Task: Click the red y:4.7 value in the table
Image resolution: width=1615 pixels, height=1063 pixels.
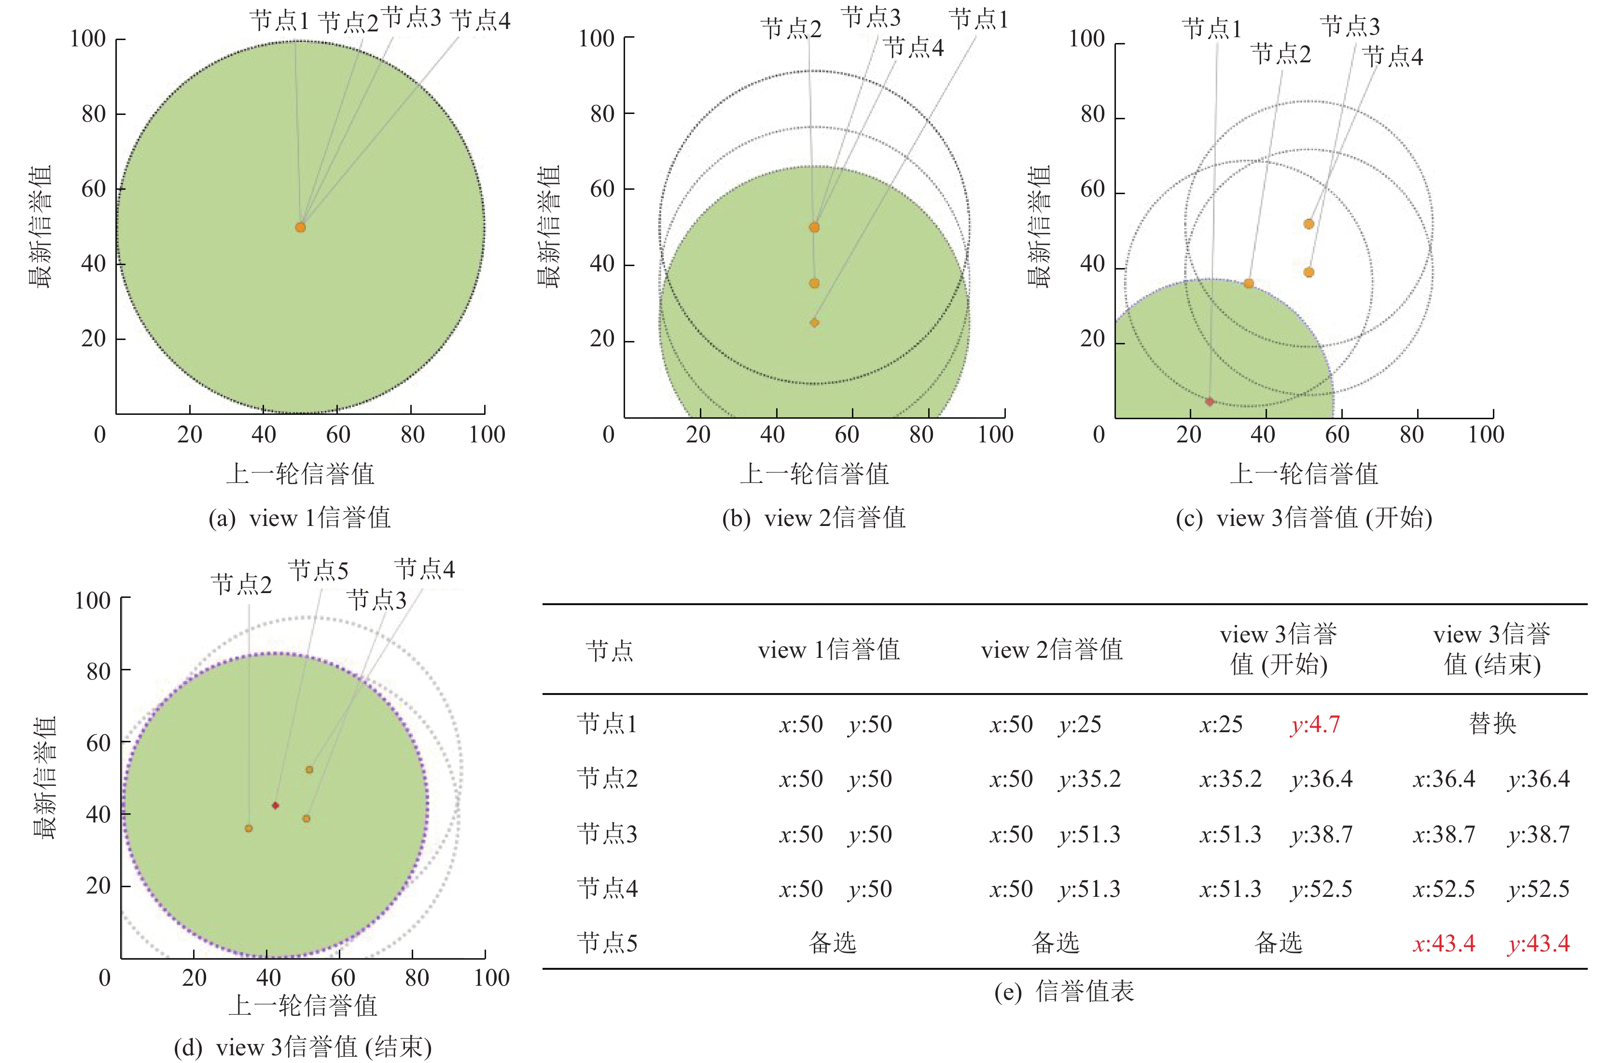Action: point(1314,725)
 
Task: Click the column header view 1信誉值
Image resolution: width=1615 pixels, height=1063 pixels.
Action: point(829,650)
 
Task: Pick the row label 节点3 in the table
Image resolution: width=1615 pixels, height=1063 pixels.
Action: point(607,834)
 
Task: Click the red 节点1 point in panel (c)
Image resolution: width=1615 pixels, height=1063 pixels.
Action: point(1209,402)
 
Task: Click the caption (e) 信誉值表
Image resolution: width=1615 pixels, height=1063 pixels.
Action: point(1064,992)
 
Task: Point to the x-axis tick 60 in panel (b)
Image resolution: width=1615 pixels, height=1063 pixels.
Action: point(847,435)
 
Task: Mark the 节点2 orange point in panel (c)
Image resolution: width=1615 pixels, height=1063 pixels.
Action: point(1249,283)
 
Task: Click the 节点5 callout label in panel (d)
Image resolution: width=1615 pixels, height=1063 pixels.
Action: point(318,571)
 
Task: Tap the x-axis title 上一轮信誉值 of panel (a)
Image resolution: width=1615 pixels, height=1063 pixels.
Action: point(300,474)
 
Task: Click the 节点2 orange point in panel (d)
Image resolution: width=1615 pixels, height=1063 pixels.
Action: point(249,829)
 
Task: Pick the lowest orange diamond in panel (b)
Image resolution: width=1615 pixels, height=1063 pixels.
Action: point(814,323)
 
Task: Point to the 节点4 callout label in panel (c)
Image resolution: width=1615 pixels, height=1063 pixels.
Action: point(1392,57)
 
